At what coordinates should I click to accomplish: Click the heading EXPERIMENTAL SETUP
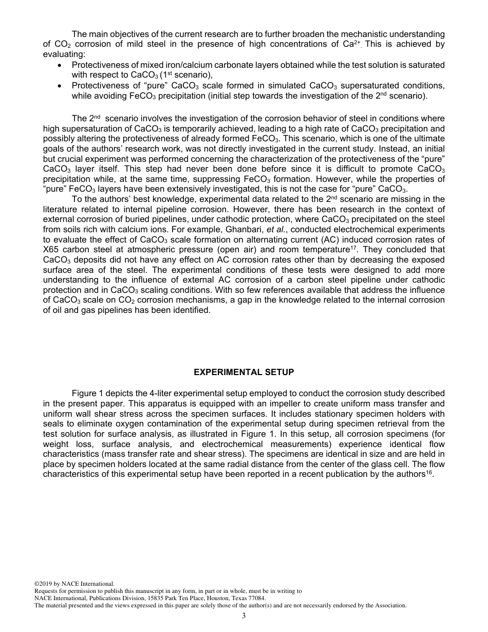243,372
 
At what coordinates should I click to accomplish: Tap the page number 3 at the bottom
243,616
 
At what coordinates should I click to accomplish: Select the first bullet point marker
61,66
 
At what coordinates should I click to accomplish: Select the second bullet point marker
61,86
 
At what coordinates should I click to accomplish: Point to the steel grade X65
51,250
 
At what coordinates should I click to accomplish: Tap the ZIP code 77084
256,598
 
